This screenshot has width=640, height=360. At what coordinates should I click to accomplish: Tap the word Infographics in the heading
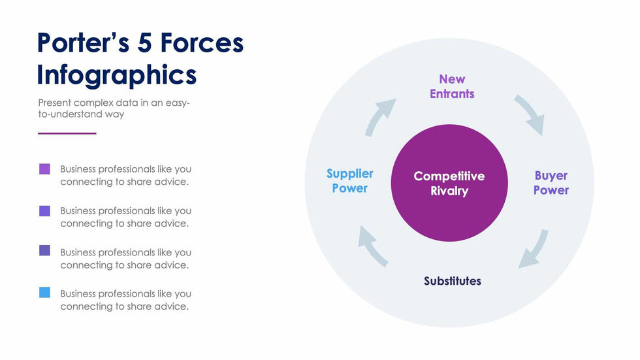pos(116,75)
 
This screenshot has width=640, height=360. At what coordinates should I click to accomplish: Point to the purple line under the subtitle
pos(67,133)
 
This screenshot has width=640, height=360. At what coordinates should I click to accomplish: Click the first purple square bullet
pos(44,169)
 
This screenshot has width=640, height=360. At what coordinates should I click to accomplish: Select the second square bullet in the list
pos(44,211)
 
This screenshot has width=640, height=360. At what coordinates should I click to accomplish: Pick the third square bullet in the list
pos(44,250)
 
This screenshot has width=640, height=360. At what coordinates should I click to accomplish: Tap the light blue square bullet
pos(44,293)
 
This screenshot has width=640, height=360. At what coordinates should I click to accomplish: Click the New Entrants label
pos(452,86)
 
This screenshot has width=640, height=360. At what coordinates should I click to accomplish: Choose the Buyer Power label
pos(551,183)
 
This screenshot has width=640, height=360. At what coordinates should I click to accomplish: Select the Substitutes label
pos(452,281)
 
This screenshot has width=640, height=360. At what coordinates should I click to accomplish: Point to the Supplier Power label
pos(349,181)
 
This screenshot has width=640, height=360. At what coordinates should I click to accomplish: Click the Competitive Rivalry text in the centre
pos(449,184)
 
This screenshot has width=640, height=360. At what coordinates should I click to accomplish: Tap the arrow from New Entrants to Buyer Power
pos(530,114)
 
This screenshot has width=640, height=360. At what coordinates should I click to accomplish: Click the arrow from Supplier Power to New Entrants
pos(380,116)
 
